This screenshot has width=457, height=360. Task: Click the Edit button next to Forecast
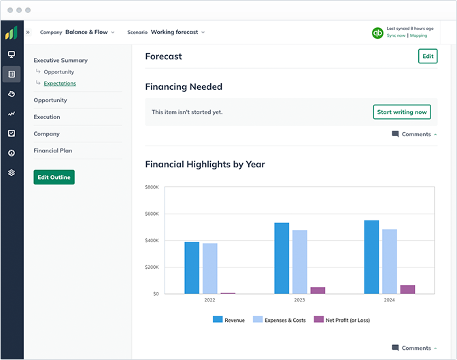[x=428, y=56]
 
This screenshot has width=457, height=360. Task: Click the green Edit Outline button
[x=54, y=177]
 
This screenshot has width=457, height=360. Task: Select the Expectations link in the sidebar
[x=60, y=84]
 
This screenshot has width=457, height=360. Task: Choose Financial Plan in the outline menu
[x=53, y=150]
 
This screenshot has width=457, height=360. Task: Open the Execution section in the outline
[x=47, y=117]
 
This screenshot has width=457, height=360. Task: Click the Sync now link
[x=396, y=35]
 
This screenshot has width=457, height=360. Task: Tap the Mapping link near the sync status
[x=418, y=35]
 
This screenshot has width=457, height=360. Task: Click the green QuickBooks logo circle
[x=377, y=32]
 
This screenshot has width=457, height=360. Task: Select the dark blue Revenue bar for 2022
[x=192, y=267]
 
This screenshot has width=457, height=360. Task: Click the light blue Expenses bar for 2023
[x=299, y=261]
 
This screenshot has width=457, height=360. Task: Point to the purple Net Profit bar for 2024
[x=407, y=289]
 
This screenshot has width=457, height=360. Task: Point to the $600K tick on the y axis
[x=152, y=214]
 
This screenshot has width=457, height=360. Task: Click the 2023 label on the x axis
[x=299, y=299]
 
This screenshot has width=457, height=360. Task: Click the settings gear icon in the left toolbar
[x=12, y=172]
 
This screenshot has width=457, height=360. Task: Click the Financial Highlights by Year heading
[x=205, y=164]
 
